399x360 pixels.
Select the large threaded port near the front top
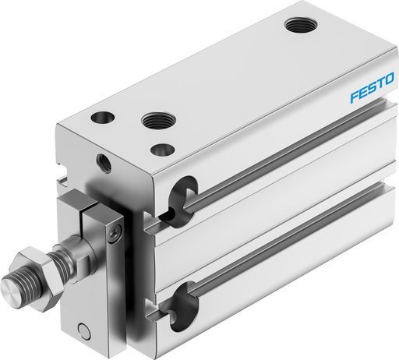[x=154, y=121]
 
